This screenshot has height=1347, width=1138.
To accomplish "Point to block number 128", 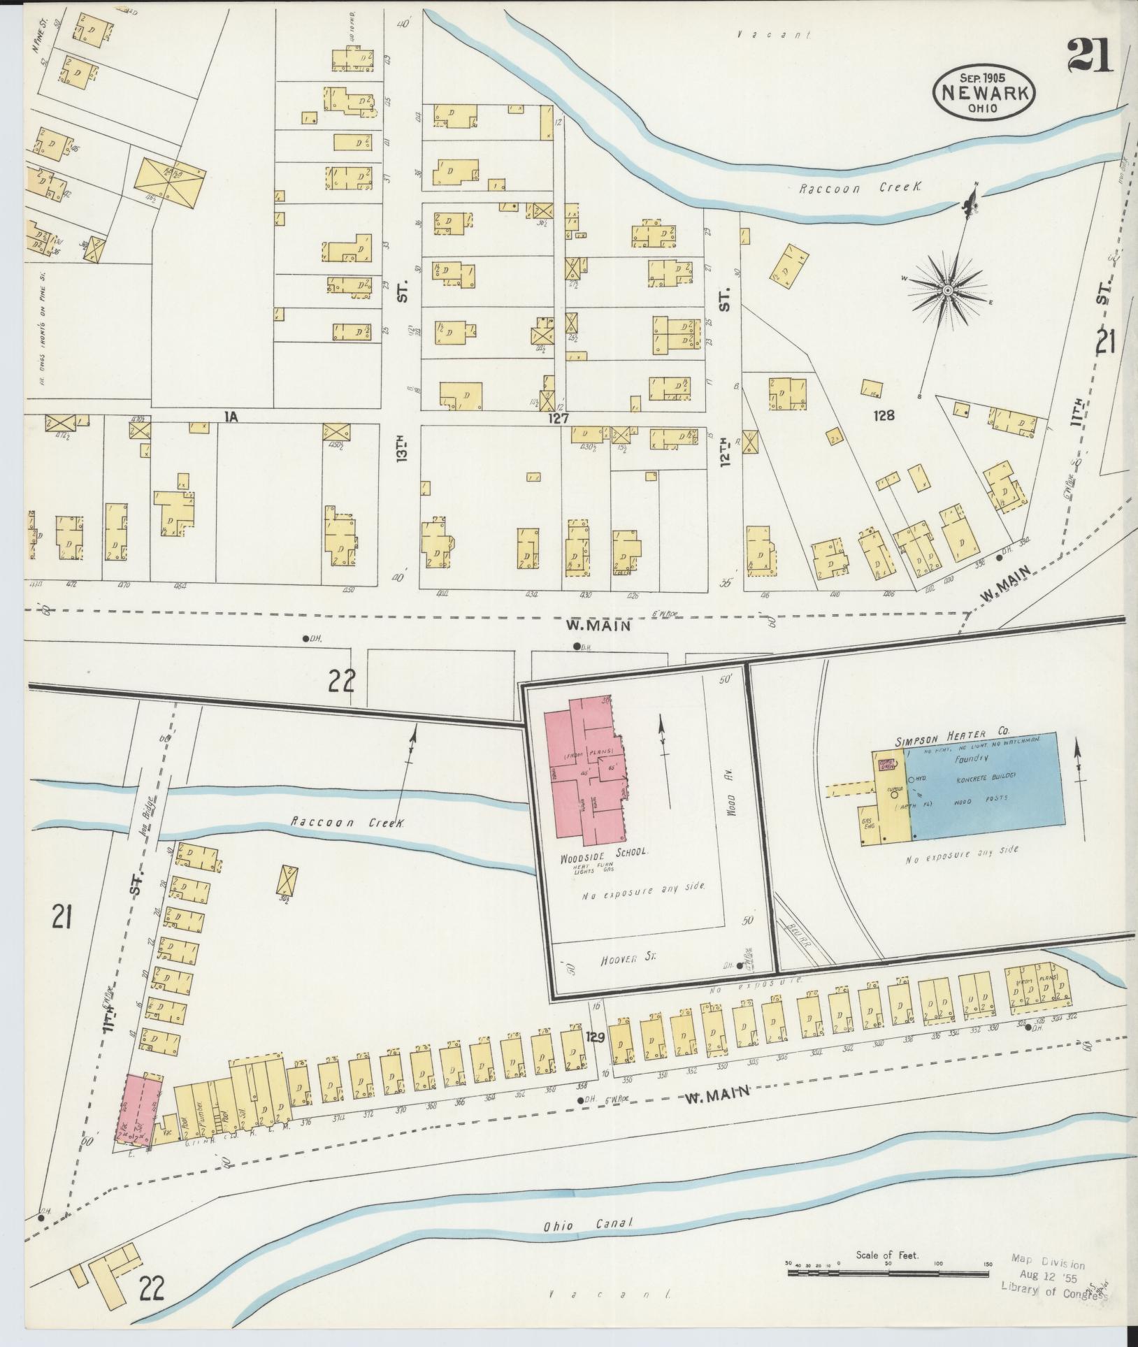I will pos(884,415).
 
